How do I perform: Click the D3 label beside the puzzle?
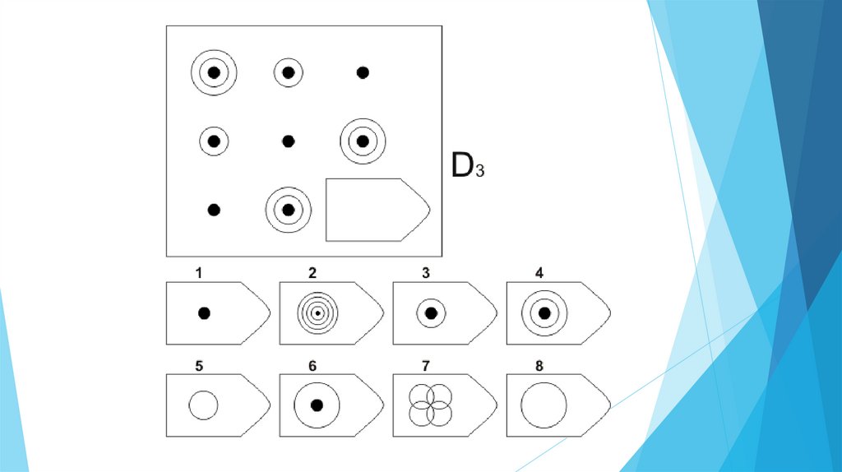(467, 166)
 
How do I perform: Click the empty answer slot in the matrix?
(377, 210)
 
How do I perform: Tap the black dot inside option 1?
(204, 313)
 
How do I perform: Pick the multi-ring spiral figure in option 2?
(317, 313)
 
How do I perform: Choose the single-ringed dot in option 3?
(430, 313)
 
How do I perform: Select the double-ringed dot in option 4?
(544, 313)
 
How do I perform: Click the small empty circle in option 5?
(203, 405)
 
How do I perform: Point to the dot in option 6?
(317, 405)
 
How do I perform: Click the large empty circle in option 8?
(544, 405)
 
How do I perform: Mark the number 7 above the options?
(424, 364)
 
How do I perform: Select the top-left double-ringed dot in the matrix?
(214, 72)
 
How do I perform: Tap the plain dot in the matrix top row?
(363, 72)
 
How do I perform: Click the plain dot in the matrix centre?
(288, 141)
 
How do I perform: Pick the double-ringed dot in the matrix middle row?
(363, 141)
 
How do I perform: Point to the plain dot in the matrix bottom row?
(214, 210)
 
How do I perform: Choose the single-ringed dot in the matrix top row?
(288, 72)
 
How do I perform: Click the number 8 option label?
(538, 364)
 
